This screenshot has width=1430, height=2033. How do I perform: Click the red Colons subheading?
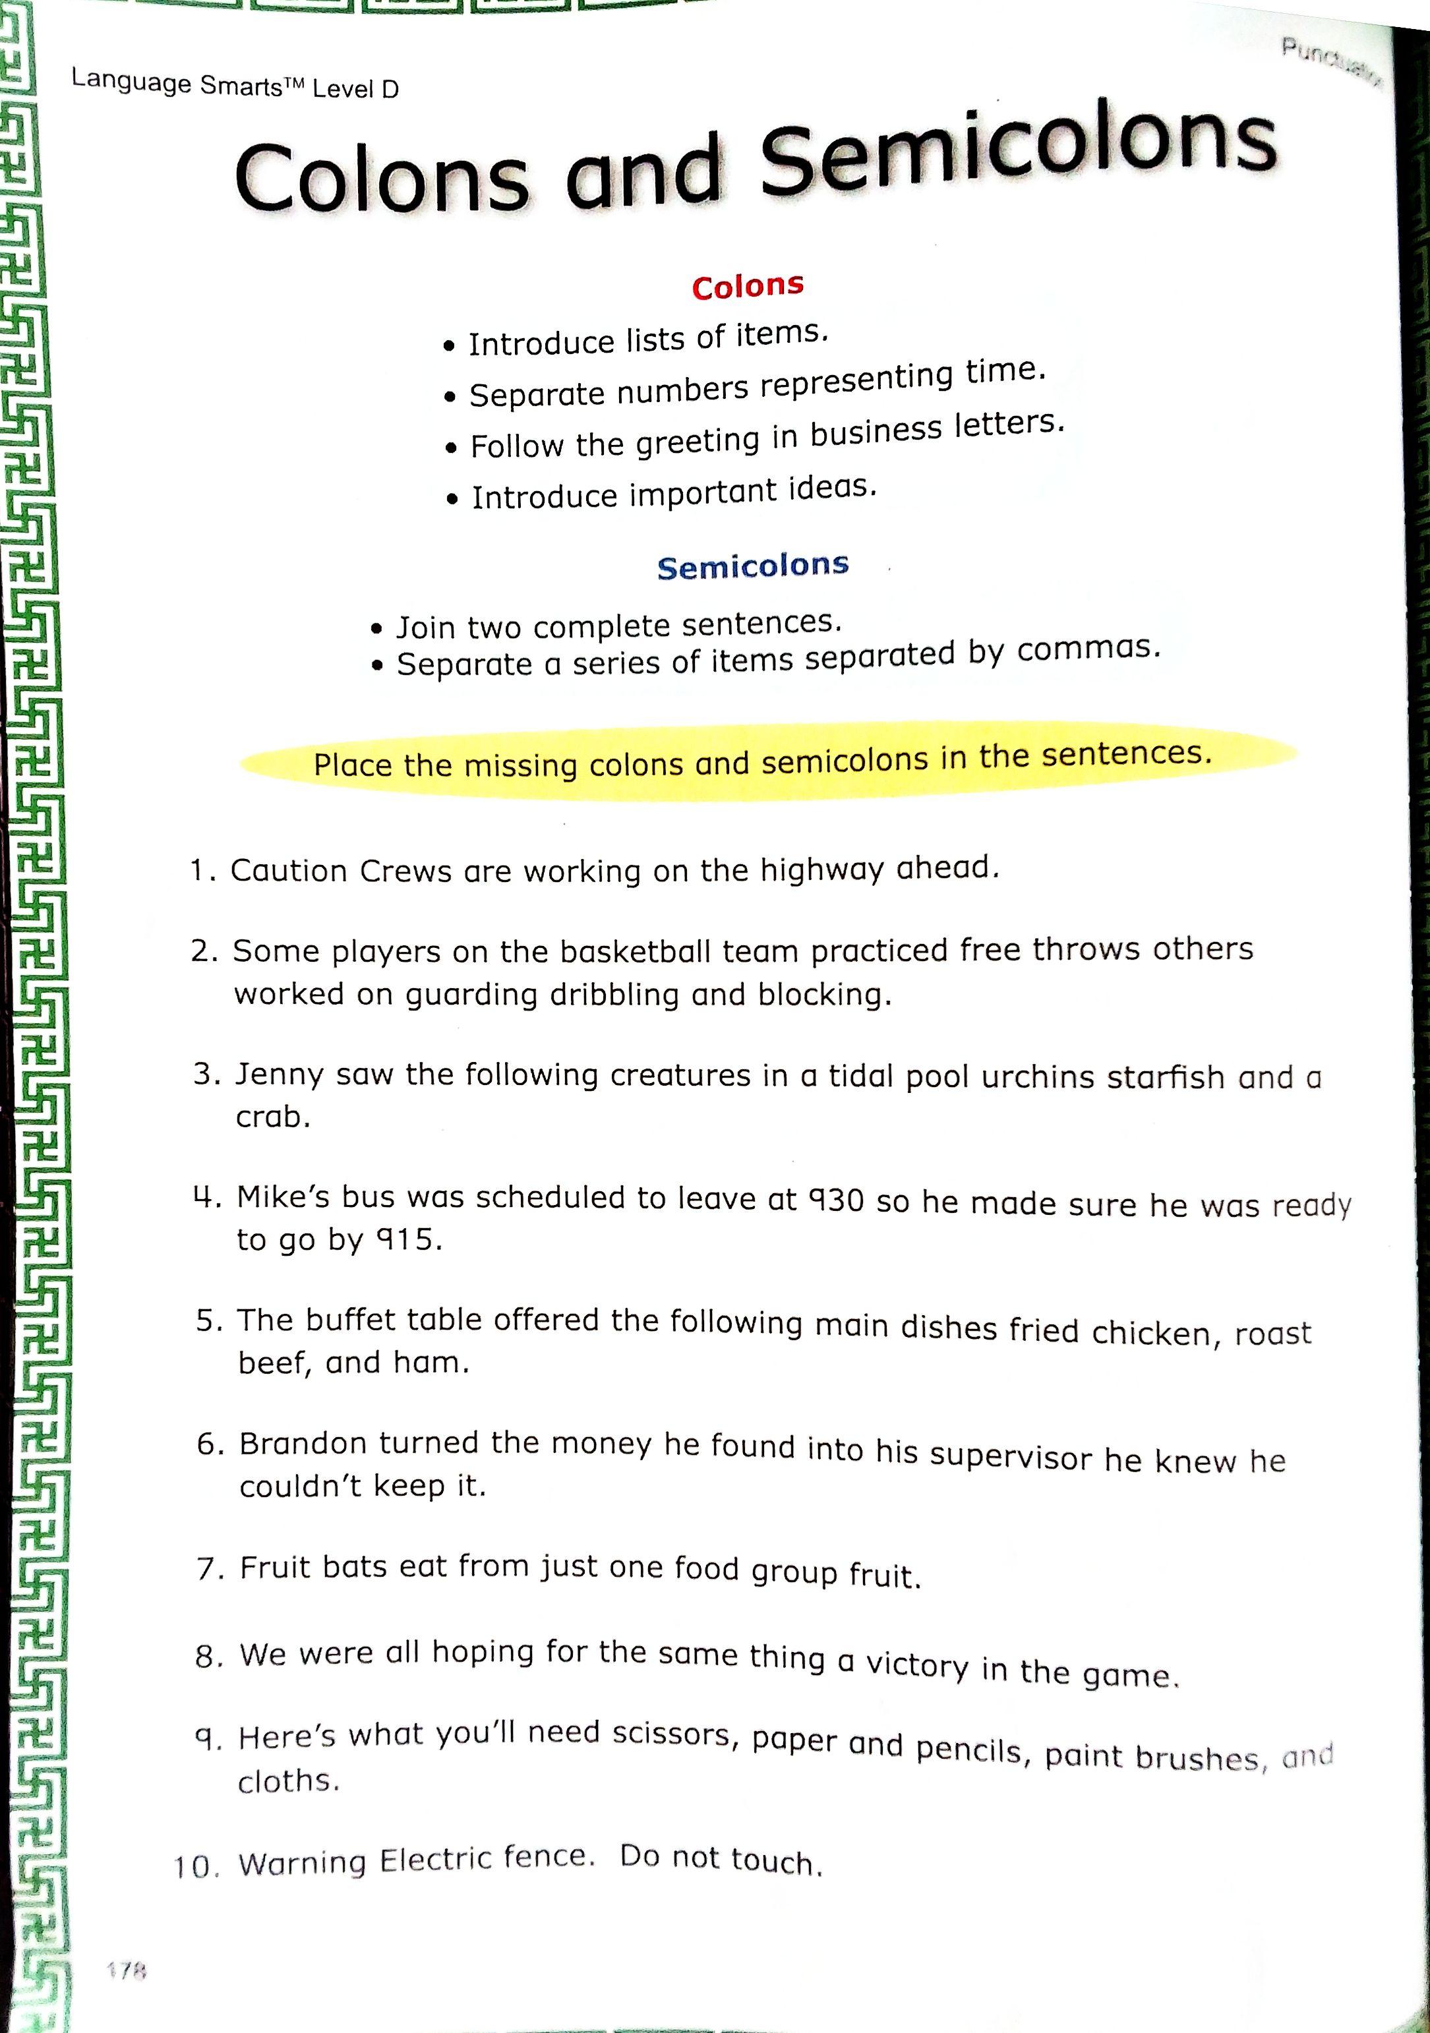[x=748, y=286]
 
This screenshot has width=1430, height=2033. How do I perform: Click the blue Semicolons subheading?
[x=753, y=565]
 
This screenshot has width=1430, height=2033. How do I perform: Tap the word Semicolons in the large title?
[x=1018, y=150]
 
